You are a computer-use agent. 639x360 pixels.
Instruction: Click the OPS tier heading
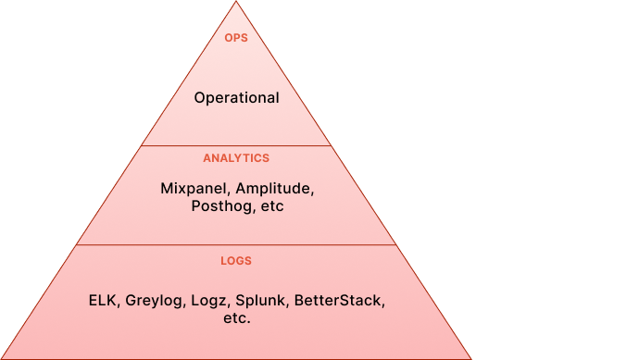tap(236, 39)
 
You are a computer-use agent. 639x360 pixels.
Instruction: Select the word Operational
tap(236, 98)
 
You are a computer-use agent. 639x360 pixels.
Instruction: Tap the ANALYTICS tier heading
tap(236, 158)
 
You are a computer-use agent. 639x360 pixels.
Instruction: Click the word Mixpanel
tap(194, 188)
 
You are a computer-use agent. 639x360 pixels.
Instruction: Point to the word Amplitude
tap(275, 188)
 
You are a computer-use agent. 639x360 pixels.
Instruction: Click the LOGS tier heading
tap(236, 261)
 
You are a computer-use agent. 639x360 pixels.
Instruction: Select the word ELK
tap(104, 301)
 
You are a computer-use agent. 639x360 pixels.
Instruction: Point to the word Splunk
tap(260, 301)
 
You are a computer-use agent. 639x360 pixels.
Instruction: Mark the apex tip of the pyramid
tap(236, 3)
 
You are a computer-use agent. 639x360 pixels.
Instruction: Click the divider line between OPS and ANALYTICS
tap(236, 145)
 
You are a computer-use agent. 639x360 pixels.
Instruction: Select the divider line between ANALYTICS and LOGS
tap(236, 245)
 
